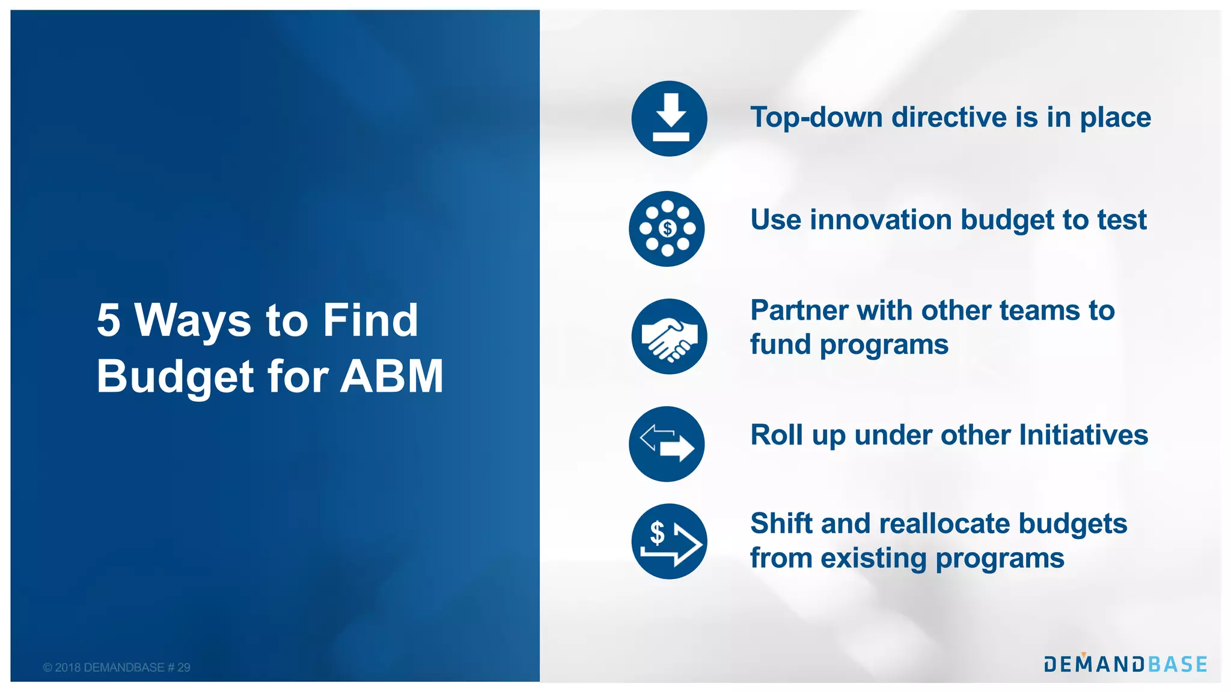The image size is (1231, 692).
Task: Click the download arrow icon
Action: point(669,118)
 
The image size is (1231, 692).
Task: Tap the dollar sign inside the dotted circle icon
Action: point(667,229)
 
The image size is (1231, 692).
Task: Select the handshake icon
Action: point(669,337)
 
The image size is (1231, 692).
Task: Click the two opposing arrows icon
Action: point(667,444)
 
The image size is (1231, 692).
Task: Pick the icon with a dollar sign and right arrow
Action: point(669,541)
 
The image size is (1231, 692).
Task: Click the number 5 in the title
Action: point(108,320)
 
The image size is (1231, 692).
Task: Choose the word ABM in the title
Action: point(391,377)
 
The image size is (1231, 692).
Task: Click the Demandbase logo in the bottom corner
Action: point(1125,664)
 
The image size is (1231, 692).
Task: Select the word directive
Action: point(948,118)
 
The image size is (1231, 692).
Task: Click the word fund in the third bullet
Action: point(780,345)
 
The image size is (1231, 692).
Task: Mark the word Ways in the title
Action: point(192,320)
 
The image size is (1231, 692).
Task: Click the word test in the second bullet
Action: point(1122,220)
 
